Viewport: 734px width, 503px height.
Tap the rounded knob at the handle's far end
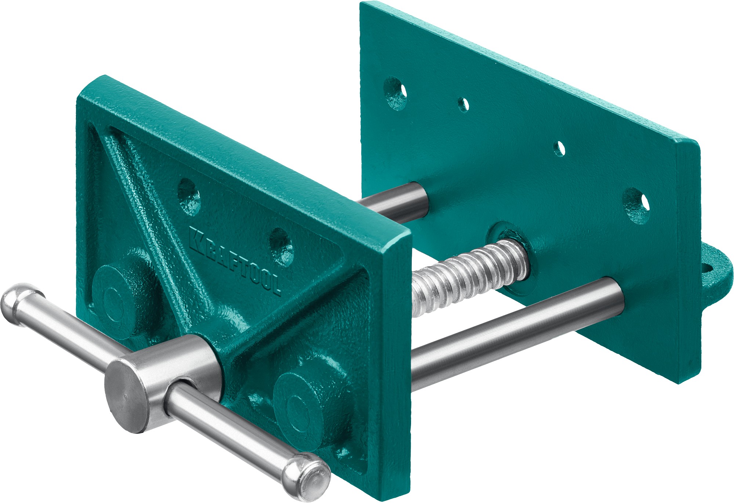click(x=17, y=303)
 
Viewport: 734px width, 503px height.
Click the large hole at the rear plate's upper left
click(x=396, y=94)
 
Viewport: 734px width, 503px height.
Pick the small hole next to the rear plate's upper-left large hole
click(x=464, y=104)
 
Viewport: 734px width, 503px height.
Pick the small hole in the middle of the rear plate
click(x=559, y=148)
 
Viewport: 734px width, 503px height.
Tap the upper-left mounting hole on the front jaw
click(x=189, y=196)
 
